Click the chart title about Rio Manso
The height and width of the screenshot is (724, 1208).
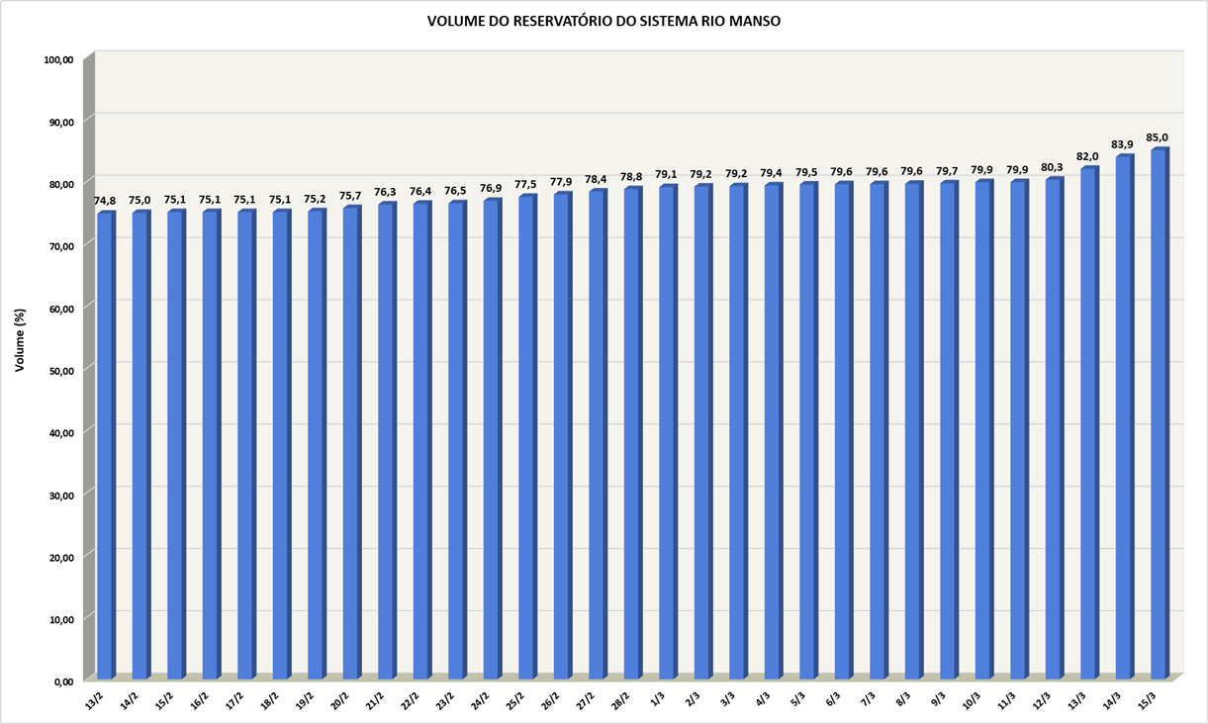[604, 21]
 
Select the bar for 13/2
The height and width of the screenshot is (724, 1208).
[105, 445]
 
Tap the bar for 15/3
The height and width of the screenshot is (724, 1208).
[1159, 415]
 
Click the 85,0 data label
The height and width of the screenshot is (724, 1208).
[1158, 137]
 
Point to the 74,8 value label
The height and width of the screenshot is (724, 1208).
[105, 201]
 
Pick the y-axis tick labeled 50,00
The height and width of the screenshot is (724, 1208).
[60, 369]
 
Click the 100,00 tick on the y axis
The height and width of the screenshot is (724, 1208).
[58, 60]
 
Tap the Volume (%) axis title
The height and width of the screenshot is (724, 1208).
[20, 340]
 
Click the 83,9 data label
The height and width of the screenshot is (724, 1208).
[1122, 144]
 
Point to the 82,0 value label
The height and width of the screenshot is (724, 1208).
[1087, 156]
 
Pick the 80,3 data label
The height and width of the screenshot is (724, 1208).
[1053, 167]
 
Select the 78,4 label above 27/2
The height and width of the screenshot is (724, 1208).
[597, 179]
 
